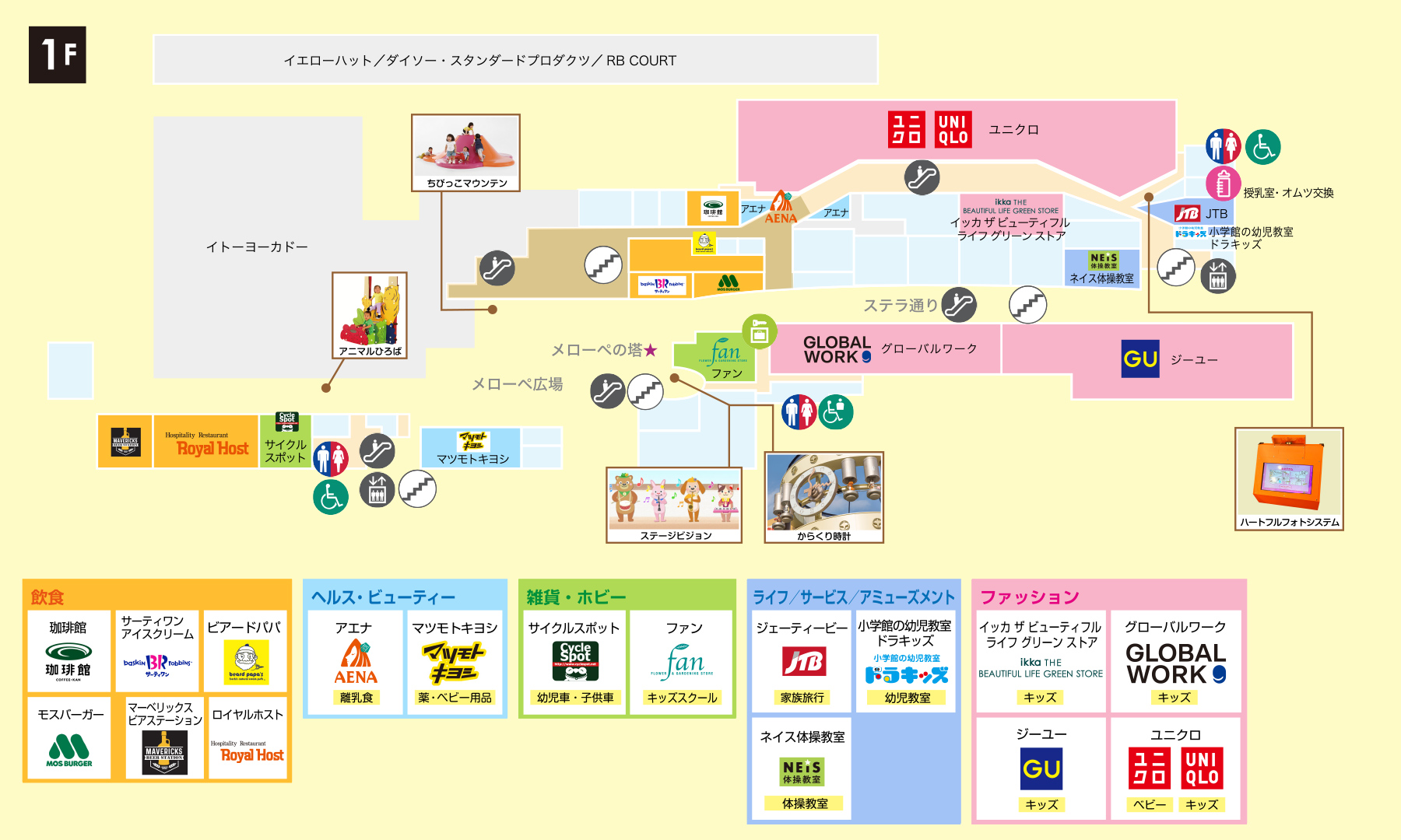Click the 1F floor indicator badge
tap(58, 54)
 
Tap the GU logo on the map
tap(1140, 359)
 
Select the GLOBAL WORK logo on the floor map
tap(837, 350)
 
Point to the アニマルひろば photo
tap(370, 310)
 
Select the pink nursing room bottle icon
tap(1223, 184)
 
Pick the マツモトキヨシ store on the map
tap(472, 447)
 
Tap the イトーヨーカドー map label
tap(257, 247)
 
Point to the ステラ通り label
tap(901, 306)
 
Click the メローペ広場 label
tap(517, 384)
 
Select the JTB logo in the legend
tap(802, 662)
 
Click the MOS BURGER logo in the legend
tap(68, 751)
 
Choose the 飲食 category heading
tap(47, 597)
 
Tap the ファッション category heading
tap(1029, 597)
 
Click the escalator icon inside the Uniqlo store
tap(922, 177)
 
